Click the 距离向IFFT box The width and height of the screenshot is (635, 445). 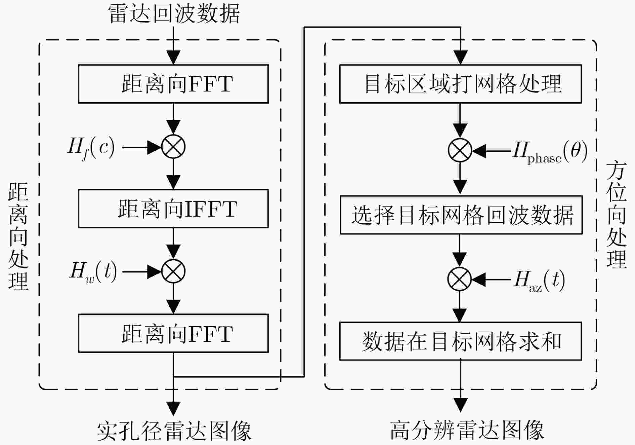coord(173,209)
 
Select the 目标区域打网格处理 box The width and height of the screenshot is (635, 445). coord(461,84)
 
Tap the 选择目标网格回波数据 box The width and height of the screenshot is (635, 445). coord(461,215)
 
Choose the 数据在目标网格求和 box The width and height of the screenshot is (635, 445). coord(461,341)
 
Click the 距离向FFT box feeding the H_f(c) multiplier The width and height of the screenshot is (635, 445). coord(173,84)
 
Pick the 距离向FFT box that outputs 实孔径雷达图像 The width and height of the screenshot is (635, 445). coord(173,333)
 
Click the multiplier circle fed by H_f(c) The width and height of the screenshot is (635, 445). coord(173,147)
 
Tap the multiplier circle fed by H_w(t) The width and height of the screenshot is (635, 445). coord(173,271)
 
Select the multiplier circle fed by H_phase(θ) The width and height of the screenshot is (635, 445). coord(460,150)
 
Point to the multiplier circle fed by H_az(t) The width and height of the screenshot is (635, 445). coord(460,279)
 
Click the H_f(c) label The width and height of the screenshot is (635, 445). coord(91,148)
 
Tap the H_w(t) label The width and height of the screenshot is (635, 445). coord(93,272)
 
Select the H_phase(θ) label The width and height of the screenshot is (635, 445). coord(550,152)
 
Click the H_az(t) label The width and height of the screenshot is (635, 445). coord(539,281)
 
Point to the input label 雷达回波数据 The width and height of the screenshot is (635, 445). coord(174,13)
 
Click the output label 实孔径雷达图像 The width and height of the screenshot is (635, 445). coord(174,431)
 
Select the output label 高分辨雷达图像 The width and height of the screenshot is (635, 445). coord(467,430)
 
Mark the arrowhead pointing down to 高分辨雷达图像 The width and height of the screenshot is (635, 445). coord(460,405)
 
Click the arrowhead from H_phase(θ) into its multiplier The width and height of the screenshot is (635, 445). coord(479,151)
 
